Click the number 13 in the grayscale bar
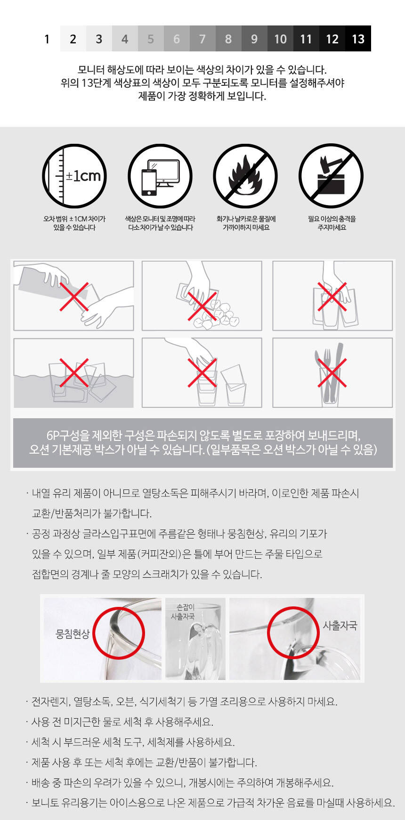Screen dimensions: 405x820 pyautogui.click(x=358, y=39)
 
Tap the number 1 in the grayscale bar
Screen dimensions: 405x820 pyautogui.click(x=47, y=39)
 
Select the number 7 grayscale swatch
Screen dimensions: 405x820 pyautogui.click(x=202, y=39)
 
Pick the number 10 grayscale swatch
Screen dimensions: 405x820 pyautogui.click(x=280, y=39)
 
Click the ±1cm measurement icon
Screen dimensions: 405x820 pyautogui.click(x=74, y=176)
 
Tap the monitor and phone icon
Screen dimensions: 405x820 pyautogui.click(x=160, y=176)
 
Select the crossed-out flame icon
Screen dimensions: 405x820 pyautogui.click(x=245, y=176)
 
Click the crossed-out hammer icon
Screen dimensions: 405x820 pyautogui.click(x=331, y=176)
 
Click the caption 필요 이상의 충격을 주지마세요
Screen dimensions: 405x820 pyautogui.click(x=332, y=223)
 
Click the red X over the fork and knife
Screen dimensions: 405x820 pyautogui.click(x=332, y=373)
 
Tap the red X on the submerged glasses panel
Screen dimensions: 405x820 pyautogui.click(x=74, y=373)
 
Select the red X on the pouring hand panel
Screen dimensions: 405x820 pyautogui.click(x=74, y=297)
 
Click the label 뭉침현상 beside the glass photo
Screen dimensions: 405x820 pyautogui.click(x=73, y=634)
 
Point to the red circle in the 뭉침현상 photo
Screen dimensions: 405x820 pyautogui.click(x=118, y=633)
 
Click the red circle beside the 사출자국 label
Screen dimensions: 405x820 pyautogui.click(x=293, y=632)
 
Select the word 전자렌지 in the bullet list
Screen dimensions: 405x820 pyautogui.click(x=50, y=701)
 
